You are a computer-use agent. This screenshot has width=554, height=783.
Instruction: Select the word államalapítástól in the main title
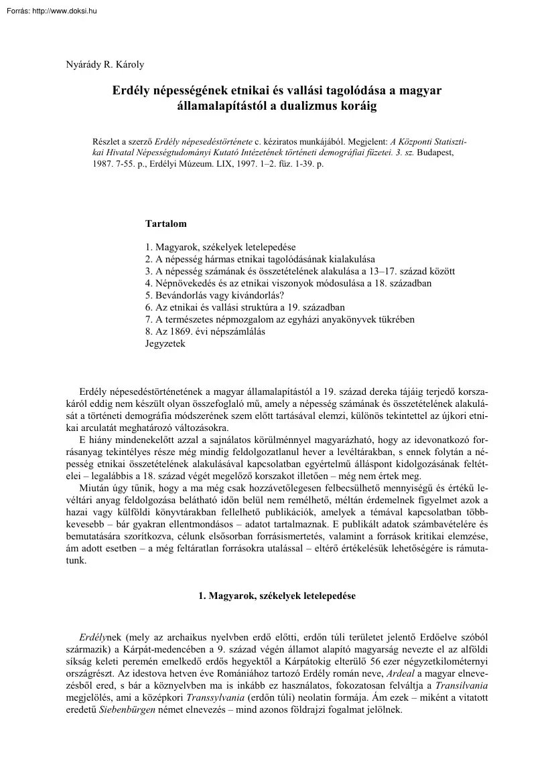pos(220,106)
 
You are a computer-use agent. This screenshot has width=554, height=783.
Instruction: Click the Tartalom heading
pos(165,224)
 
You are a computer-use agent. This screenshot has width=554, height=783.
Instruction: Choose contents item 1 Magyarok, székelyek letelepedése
pos(220,247)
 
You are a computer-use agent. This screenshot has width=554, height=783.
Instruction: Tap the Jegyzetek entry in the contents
pos(165,343)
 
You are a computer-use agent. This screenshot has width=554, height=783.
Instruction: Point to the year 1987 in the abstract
pos(105,163)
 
